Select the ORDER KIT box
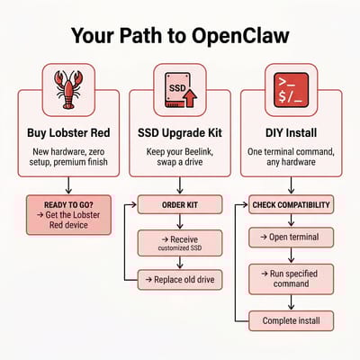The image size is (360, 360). pos(180,205)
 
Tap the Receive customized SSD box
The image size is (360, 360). pos(180,243)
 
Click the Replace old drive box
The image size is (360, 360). pos(180,281)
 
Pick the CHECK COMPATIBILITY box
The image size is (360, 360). pos(291,205)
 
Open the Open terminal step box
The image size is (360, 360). pos(291,238)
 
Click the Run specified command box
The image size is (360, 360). pos(291,276)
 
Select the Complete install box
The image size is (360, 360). pos(291,319)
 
